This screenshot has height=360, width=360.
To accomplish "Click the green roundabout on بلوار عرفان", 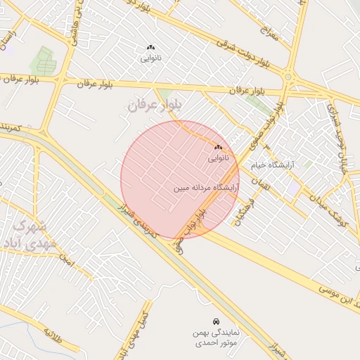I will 288,77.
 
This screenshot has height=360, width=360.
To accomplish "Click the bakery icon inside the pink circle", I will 217,148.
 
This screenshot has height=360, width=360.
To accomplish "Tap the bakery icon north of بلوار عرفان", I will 150,48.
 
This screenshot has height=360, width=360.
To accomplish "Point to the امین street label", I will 67,262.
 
